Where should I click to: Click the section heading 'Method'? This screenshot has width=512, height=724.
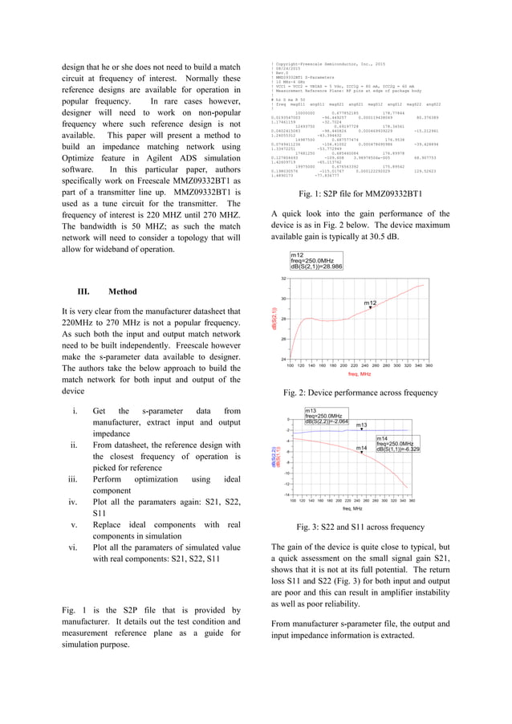point(121,291)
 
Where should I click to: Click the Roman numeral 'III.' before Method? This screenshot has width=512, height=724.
point(83,291)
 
